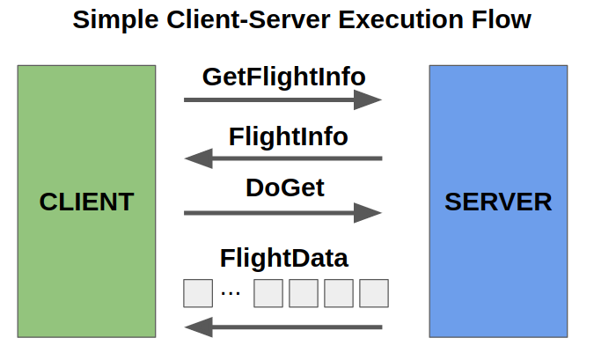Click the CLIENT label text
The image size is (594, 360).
[x=86, y=202]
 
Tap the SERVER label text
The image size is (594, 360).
[x=498, y=202]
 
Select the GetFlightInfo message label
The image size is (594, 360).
[x=283, y=77]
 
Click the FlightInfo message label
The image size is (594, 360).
[x=288, y=137]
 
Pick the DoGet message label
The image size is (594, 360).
[x=284, y=187]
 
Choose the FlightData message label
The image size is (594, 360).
[x=283, y=259]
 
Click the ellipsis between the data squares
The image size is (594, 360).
[x=231, y=293]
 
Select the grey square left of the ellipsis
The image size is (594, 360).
[x=198, y=293]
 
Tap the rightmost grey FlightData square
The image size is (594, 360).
[x=373, y=293]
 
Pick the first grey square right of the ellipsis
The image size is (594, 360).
[x=268, y=293]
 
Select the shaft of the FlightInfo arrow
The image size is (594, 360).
[x=299, y=158]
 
